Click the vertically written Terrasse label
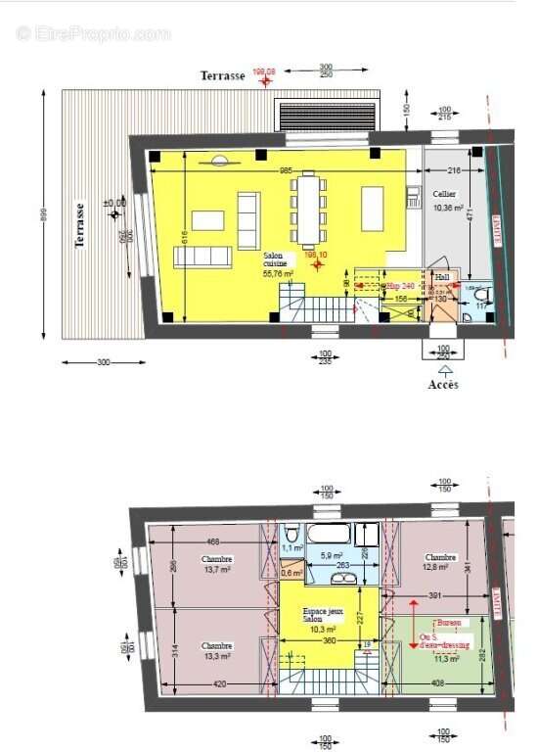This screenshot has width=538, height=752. pyautogui.click(x=81, y=225)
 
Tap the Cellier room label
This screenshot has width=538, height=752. pyautogui.click(x=445, y=195)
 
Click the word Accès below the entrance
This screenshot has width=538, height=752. pyautogui.click(x=443, y=384)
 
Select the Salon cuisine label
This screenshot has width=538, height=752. pyautogui.click(x=278, y=264)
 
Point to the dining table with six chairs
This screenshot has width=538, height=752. pyautogui.click(x=309, y=210)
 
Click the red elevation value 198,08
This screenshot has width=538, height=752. pyautogui.click(x=264, y=71)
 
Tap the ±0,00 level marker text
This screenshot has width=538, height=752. pyautogui.click(x=114, y=204)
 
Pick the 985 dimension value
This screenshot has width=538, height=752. pyautogui.click(x=286, y=171)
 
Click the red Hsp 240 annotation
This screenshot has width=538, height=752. pyautogui.click(x=402, y=286)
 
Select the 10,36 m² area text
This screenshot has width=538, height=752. pyautogui.click(x=447, y=208)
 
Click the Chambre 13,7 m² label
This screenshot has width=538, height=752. pyautogui.click(x=217, y=564)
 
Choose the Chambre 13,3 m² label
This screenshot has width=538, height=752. pyautogui.click(x=217, y=651)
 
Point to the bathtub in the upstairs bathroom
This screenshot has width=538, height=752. pyautogui.click(x=329, y=535)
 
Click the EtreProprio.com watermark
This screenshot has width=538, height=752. pyautogui.click(x=93, y=33)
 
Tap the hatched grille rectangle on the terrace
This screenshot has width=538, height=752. pyautogui.click(x=327, y=116)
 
